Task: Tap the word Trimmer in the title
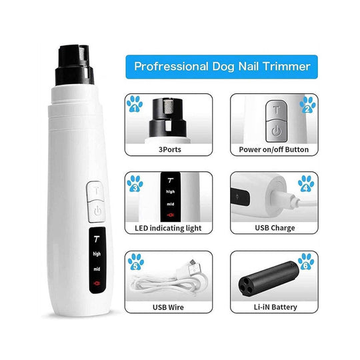click(286, 67)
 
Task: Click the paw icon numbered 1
click(135, 104)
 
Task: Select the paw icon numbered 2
click(307, 105)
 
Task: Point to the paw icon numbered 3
click(135, 184)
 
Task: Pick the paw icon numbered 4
click(306, 184)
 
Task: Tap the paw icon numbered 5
click(136, 262)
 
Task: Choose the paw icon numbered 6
click(306, 261)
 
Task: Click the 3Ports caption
click(170, 149)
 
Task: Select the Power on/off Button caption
click(274, 149)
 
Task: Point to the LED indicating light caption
click(168, 228)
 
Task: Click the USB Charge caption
click(275, 228)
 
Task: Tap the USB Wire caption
click(168, 307)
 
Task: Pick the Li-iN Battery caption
click(275, 307)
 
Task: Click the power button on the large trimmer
click(97, 211)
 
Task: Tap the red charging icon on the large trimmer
click(97, 283)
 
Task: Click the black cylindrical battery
click(269, 277)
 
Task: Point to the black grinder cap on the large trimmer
click(75, 65)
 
